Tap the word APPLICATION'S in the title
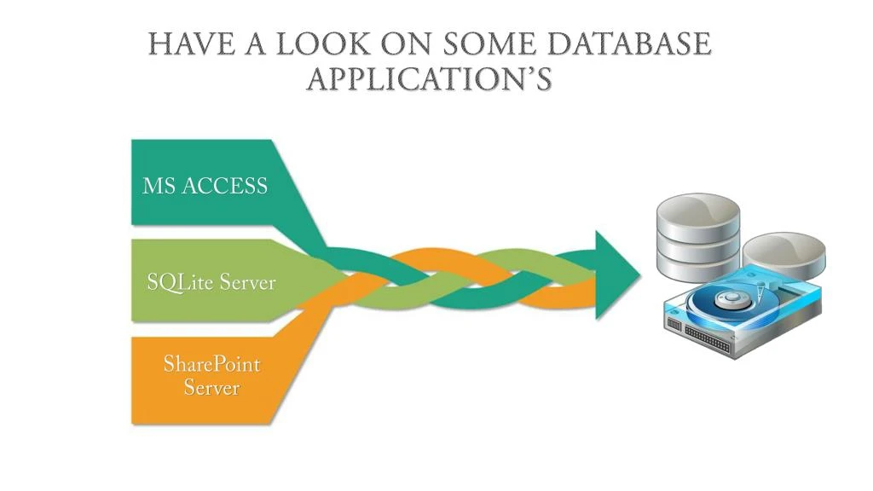(x=430, y=79)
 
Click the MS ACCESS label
(x=205, y=186)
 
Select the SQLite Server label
(x=211, y=282)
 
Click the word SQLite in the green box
(x=180, y=282)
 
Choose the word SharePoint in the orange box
(x=211, y=365)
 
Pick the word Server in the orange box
(x=211, y=388)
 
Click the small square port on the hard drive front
(x=674, y=325)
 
